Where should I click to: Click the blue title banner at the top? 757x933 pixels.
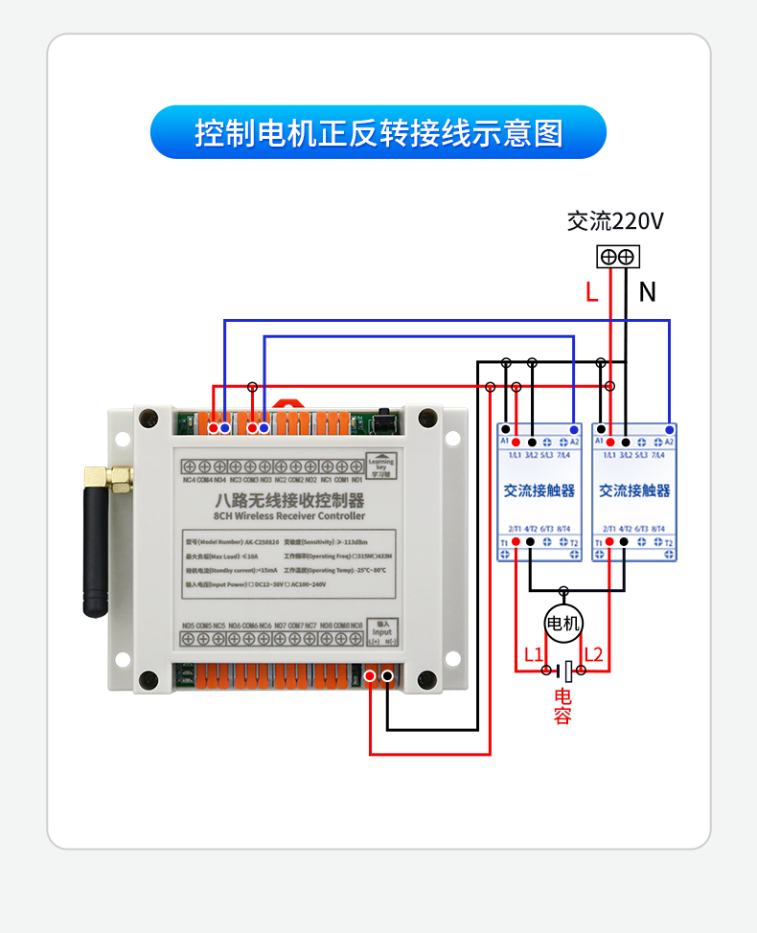[378, 132]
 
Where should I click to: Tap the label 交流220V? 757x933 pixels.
[615, 222]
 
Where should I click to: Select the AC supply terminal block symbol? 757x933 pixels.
[618, 257]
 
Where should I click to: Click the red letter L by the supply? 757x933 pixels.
[591, 292]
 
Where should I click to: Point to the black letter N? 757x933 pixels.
[648, 292]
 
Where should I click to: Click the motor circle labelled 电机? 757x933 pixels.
[563, 624]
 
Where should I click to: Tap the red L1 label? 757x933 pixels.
[534, 655]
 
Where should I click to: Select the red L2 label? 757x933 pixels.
[594, 655]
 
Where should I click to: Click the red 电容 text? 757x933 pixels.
[562, 705]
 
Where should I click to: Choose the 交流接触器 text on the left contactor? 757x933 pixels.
[539, 490]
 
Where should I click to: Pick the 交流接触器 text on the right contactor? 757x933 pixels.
[634, 490]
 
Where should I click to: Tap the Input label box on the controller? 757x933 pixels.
[382, 629]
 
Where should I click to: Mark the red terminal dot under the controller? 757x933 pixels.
[371, 677]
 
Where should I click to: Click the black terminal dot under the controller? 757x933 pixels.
[387, 677]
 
